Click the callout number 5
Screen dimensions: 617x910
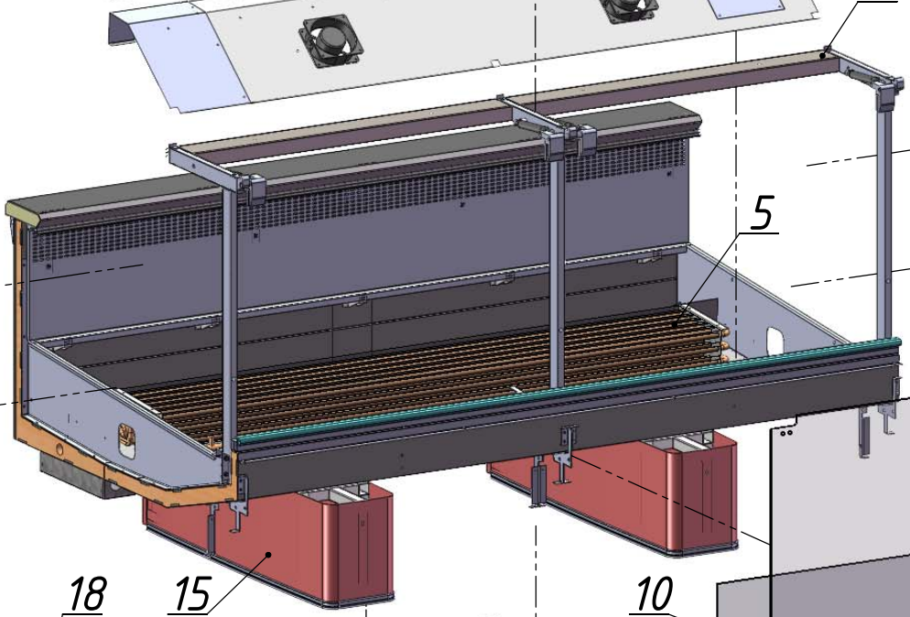point(762,212)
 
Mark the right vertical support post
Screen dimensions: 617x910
point(884,229)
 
